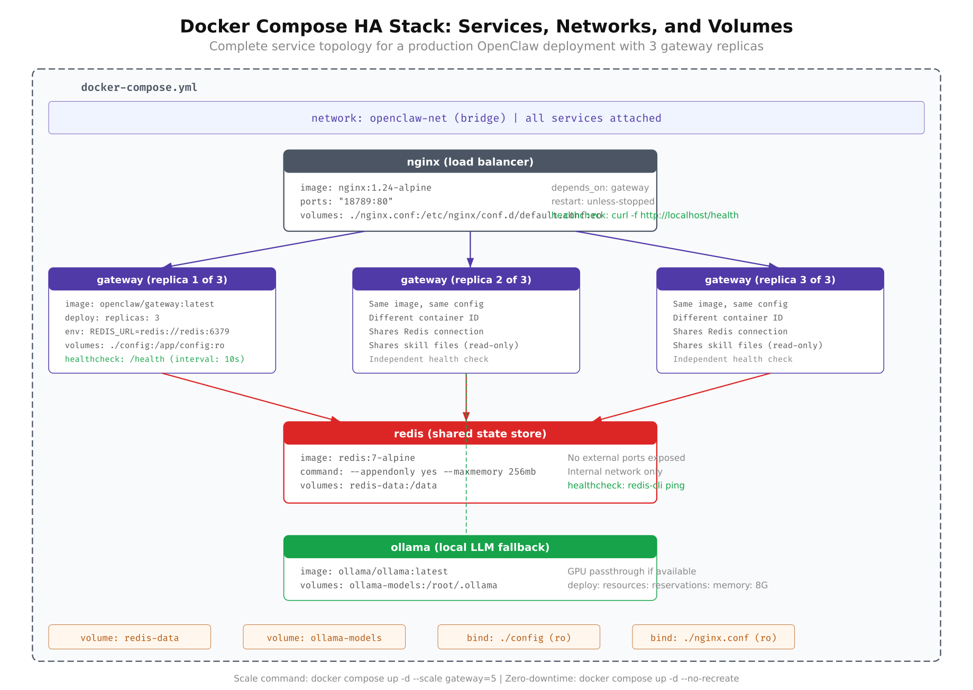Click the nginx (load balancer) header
470,162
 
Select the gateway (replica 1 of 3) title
162,280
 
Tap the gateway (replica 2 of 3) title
466,280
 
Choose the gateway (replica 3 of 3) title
770,280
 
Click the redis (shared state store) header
470,434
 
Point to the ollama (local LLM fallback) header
470,547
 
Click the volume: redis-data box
130,637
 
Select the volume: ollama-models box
324,637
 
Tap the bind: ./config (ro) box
519,637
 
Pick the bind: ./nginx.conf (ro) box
713,637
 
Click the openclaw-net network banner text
486,118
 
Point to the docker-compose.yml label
139,87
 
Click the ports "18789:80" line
346,202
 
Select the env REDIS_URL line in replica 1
147,332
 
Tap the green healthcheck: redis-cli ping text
626,486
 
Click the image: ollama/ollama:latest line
374,571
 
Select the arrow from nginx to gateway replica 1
264,250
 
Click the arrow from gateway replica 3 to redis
682,397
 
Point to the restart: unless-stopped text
602,202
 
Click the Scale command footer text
486,678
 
